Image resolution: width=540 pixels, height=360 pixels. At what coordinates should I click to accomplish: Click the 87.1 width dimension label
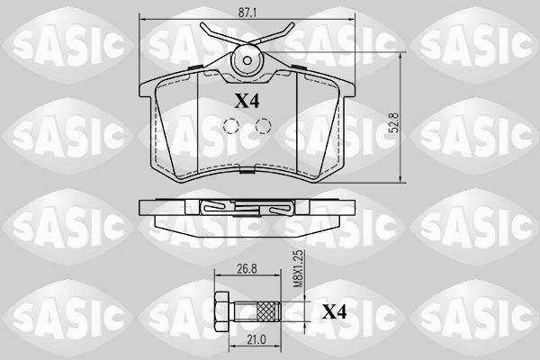tap(247, 13)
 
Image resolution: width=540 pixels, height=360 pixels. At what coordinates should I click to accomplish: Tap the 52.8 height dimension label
tap(395, 122)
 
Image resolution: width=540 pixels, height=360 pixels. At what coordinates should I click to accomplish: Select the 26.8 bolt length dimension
tap(247, 268)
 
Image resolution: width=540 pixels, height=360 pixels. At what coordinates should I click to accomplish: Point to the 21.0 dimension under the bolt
tap(256, 339)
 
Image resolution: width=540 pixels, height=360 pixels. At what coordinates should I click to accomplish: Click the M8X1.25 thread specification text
tap(299, 269)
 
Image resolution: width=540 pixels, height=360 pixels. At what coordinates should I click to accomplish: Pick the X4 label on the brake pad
tap(247, 102)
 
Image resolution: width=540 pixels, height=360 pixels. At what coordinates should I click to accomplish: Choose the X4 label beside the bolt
tap(334, 311)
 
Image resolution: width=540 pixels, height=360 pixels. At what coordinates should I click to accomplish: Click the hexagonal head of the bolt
tap(221, 311)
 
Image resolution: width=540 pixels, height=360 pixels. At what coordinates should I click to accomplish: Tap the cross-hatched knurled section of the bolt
tap(268, 311)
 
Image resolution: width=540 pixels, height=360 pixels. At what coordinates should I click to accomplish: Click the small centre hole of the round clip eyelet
tap(247, 60)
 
